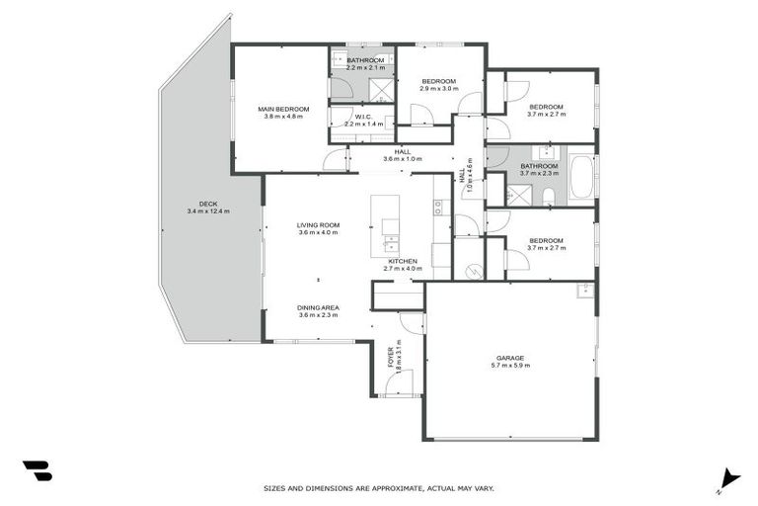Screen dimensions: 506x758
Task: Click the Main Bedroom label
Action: pyautogui.click(x=283, y=109)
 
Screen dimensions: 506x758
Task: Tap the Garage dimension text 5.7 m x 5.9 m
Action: pyautogui.click(x=509, y=366)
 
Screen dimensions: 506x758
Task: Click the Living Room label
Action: pyautogui.click(x=318, y=225)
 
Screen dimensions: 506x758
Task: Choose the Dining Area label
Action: pyautogui.click(x=318, y=307)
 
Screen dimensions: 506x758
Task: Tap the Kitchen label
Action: pyautogui.click(x=402, y=260)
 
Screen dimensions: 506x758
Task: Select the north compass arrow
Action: pyautogui.click(x=728, y=477)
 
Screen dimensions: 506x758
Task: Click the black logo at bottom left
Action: pyautogui.click(x=37, y=470)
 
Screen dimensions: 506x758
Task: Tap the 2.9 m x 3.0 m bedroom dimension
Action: pyautogui.click(x=439, y=89)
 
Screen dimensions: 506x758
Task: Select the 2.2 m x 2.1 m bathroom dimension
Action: pyautogui.click(x=365, y=68)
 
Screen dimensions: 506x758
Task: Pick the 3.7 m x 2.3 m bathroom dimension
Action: pyautogui.click(x=540, y=173)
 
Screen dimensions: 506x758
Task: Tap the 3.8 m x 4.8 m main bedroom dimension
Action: pyautogui.click(x=283, y=117)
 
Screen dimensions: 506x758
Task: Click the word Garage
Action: pyautogui.click(x=509, y=358)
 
